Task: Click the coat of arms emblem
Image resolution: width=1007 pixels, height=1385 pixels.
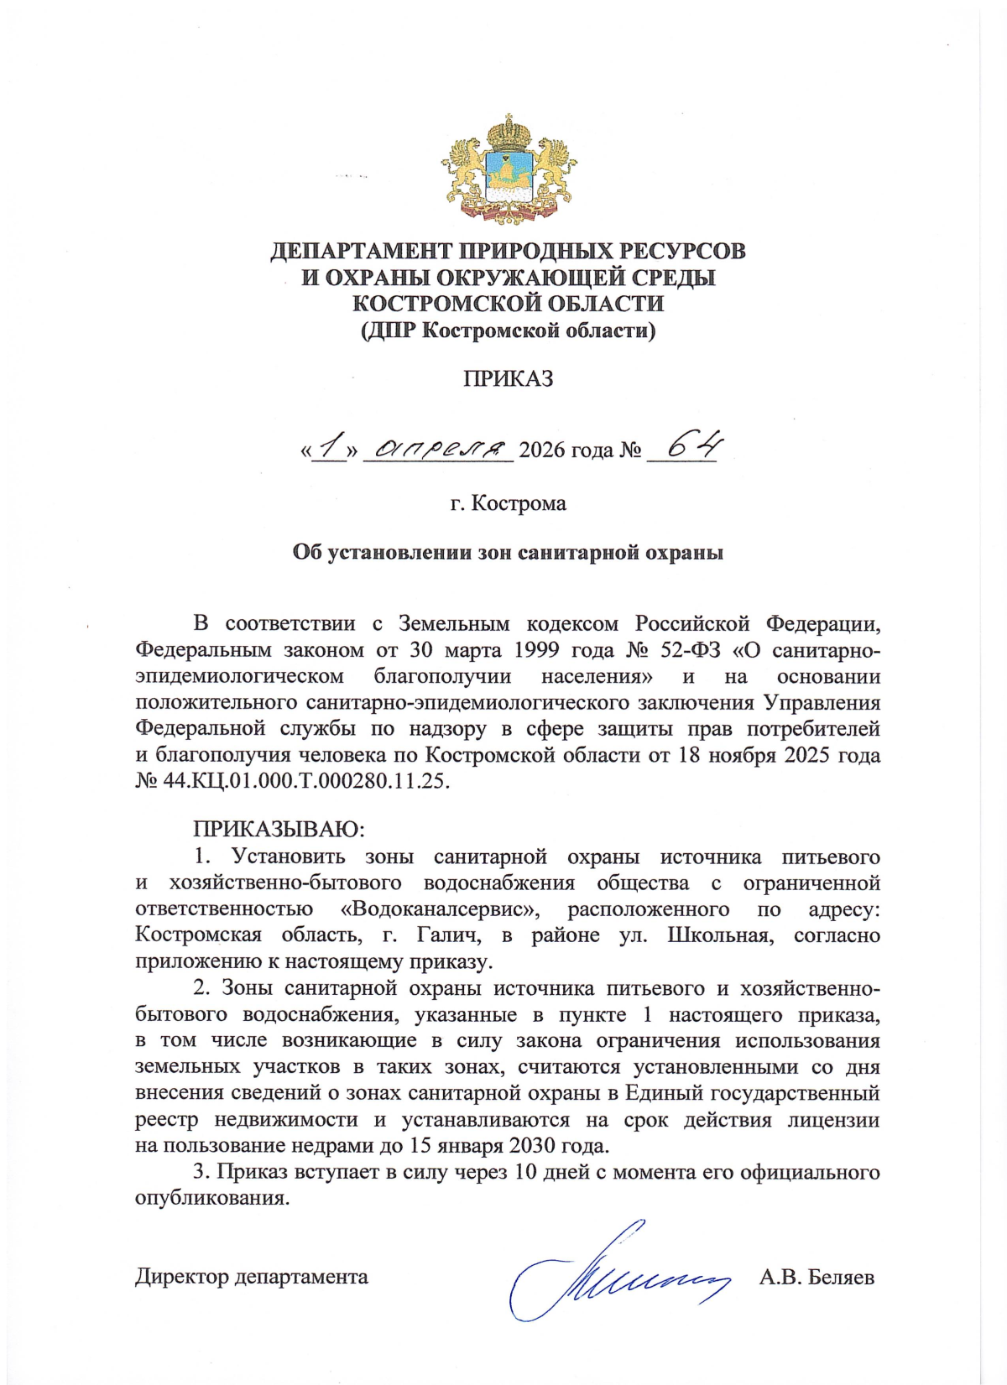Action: pyautogui.click(x=509, y=169)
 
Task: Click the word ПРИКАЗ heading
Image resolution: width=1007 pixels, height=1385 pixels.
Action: pyautogui.click(x=509, y=378)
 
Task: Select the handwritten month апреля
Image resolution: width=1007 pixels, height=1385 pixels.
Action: pyautogui.click(x=442, y=450)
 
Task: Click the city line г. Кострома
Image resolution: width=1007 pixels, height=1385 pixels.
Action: pyautogui.click(x=509, y=503)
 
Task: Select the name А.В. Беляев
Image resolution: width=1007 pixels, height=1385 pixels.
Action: pyautogui.click(x=817, y=1278)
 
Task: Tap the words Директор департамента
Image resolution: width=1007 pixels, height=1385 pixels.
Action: pyautogui.click(x=252, y=1278)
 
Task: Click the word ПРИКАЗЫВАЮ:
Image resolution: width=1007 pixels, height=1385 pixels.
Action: pyautogui.click(x=279, y=830)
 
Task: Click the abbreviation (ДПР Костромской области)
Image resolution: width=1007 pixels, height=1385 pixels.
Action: pyautogui.click(x=509, y=331)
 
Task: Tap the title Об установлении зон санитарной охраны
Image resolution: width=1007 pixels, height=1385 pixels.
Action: pyautogui.click(x=508, y=553)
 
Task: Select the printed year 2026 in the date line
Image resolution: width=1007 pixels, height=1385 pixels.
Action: pyautogui.click(x=542, y=451)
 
